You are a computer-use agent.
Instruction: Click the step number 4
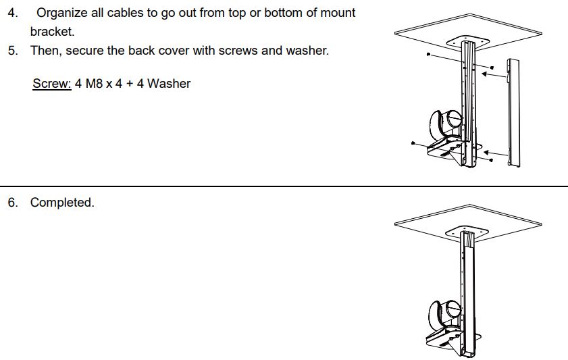click(13, 13)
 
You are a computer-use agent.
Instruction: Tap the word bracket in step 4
click(51, 32)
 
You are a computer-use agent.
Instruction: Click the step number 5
click(13, 51)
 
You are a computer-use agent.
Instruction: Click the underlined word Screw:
click(52, 84)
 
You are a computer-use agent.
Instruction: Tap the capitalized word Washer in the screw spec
click(169, 84)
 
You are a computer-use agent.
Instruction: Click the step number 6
click(13, 203)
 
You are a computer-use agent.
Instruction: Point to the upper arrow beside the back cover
click(496, 76)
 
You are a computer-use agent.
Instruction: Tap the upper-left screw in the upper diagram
click(429, 54)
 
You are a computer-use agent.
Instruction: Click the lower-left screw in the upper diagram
click(413, 144)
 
